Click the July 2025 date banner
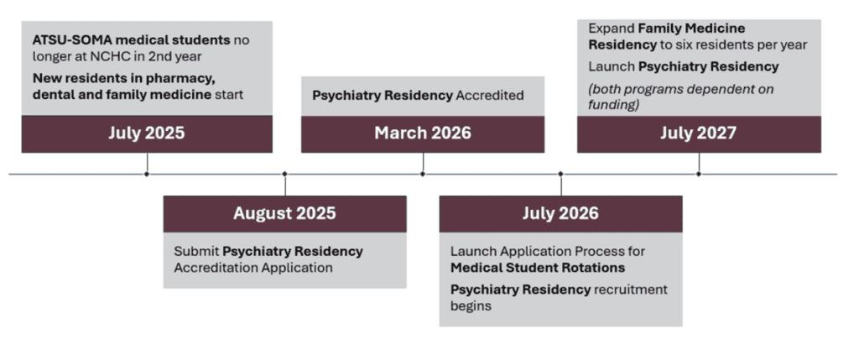coord(147,133)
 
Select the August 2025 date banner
coord(285,214)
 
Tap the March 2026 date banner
coord(423,133)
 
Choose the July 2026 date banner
coord(561,214)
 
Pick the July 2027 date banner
coord(699,133)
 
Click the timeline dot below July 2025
coord(147,175)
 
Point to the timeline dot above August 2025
coord(285,175)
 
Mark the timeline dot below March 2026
coord(423,175)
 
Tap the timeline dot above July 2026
coord(561,175)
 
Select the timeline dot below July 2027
coord(699,175)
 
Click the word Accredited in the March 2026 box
coord(490,96)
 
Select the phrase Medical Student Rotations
coord(538,268)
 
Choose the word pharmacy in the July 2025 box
coord(181,79)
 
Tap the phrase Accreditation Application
coord(253,268)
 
